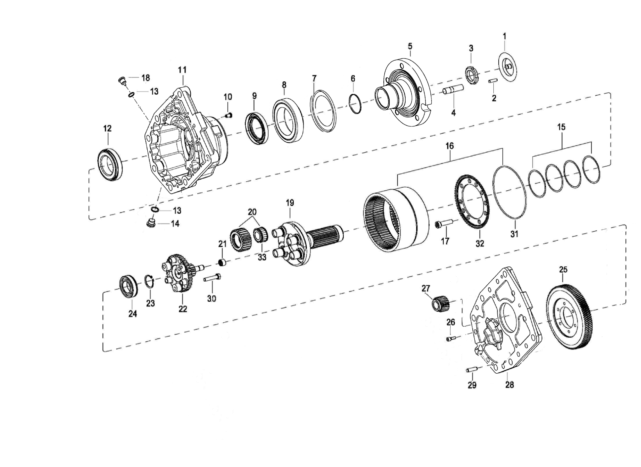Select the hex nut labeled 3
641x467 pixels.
(x=471, y=75)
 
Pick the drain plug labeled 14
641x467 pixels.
(x=151, y=222)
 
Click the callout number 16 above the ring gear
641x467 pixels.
(x=449, y=146)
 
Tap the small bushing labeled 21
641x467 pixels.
(x=222, y=262)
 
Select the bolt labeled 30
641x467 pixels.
(x=212, y=278)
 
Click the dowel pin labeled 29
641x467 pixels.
(x=470, y=370)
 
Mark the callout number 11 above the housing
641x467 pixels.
(x=182, y=70)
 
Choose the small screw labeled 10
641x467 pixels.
(x=228, y=115)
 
